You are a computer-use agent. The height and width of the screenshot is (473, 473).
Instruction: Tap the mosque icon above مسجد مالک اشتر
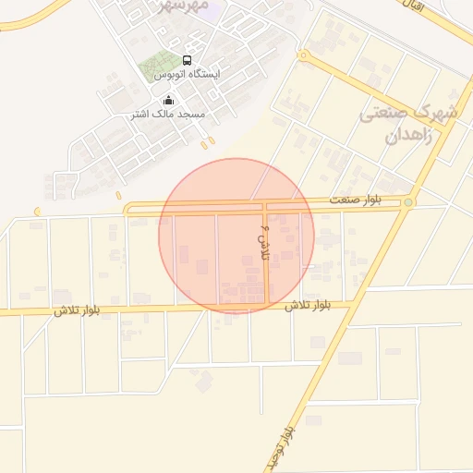[x=168, y=100]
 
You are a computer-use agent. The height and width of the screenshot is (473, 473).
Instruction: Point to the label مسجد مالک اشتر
[x=167, y=114]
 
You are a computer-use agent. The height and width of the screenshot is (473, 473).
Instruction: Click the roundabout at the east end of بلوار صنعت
[x=407, y=202]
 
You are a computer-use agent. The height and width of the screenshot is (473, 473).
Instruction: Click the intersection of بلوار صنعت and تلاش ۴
[x=266, y=207]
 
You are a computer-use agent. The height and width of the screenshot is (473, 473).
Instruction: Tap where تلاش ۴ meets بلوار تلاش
[x=267, y=305]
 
